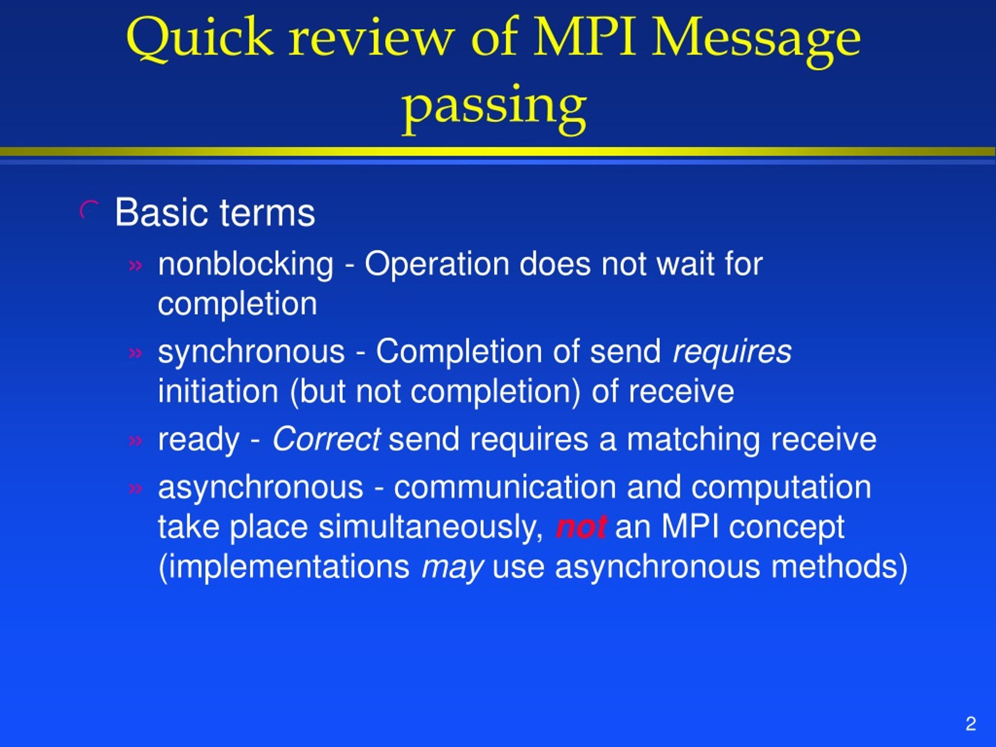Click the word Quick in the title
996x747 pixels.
click(x=200, y=40)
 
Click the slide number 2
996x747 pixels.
click(x=971, y=723)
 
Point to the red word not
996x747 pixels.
click(x=581, y=527)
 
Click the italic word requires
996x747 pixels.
click(x=732, y=352)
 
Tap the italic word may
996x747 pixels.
click(x=452, y=567)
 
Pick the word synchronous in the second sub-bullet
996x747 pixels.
click(x=251, y=352)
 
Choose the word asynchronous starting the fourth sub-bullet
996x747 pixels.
click(x=261, y=487)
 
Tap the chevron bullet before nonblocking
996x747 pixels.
click(x=135, y=266)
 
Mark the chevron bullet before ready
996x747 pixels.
click(x=135, y=440)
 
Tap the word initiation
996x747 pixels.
click(x=218, y=391)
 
